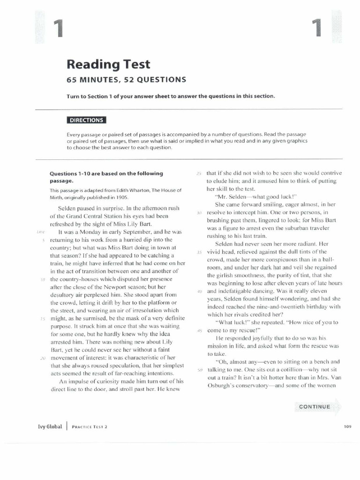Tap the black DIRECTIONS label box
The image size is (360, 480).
pyautogui.click(x=86, y=120)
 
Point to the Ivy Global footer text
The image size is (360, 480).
pyautogui.click(x=50, y=427)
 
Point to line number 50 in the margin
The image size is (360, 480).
pyautogui.click(x=199, y=370)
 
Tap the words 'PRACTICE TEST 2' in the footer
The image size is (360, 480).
pyautogui.click(x=90, y=427)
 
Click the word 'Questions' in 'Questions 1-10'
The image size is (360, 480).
pyautogui.click(x=65, y=173)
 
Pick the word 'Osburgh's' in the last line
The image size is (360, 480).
pyautogui.click(x=222, y=385)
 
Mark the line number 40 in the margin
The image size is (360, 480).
pyautogui.click(x=199, y=291)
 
